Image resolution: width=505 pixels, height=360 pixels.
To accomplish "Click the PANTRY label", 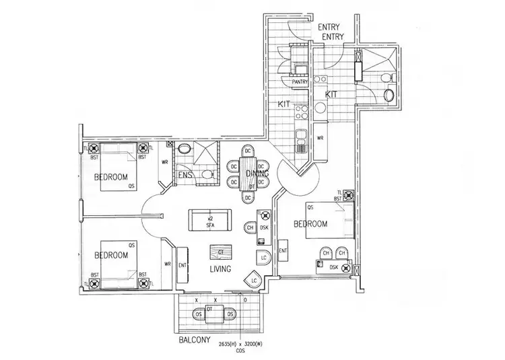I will click(x=300, y=82).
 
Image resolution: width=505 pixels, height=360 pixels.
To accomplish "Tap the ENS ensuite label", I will click(x=186, y=176).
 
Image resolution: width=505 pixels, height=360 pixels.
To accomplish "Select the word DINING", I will click(x=257, y=174).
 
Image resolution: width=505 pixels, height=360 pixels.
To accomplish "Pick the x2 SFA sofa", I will click(x=209, y=221).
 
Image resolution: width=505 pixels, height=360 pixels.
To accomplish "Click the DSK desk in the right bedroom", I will click(x=333, y=266).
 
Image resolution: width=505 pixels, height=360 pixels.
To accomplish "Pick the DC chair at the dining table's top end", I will click(x=248, y=150).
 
